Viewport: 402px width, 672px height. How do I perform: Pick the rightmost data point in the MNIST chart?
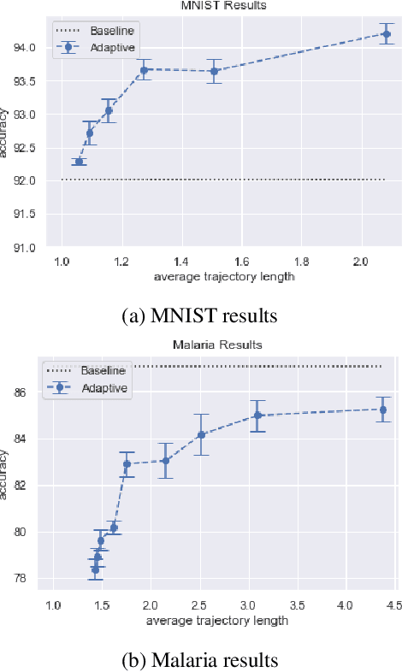coord(386,34)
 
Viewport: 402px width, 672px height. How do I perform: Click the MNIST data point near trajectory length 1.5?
coord(215,71)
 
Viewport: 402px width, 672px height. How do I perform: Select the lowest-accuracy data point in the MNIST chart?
coord(80,162)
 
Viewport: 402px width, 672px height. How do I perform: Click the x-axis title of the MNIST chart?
coord(225,277)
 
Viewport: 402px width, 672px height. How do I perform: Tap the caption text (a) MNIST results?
coord(201,315)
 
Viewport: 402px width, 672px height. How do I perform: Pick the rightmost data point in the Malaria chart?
coord(383,410)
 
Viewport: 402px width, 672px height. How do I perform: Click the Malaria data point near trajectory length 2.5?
coord(201,434)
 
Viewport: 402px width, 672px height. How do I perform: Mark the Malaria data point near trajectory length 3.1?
coord(257,416)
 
